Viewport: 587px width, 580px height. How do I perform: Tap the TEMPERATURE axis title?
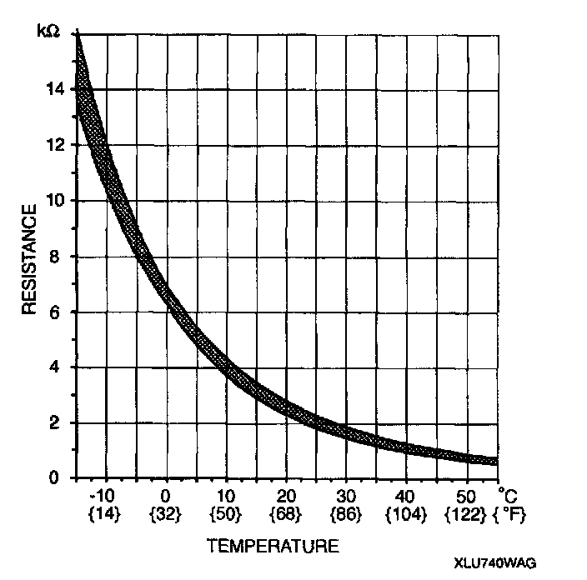[273, 547]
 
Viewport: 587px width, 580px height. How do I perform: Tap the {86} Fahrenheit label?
[346, 514]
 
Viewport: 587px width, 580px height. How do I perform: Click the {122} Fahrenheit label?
[466, 514]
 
